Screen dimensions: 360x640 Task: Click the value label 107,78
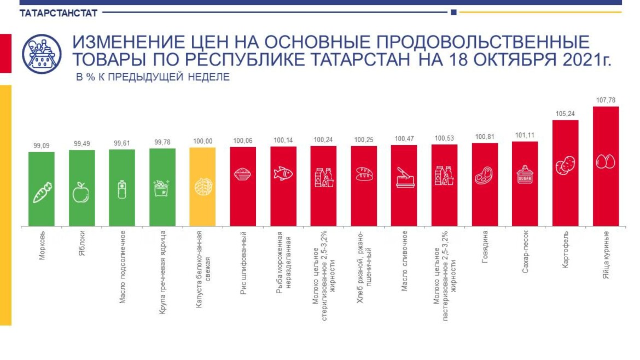coord(606,100)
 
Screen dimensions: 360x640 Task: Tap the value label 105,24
coord(565,113)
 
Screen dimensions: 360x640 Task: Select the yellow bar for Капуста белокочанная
coord(202,187)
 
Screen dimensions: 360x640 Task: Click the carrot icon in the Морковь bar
coord(42,193)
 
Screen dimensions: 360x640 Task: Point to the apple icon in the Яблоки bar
coord(82,192)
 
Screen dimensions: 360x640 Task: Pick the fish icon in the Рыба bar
coord(283,173)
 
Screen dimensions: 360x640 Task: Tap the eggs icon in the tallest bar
coord(606,161)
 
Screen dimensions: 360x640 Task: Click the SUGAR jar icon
coord(525,175)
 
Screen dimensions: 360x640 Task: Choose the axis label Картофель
coord(565,249)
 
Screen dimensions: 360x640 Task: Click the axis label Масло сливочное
coord(404,260)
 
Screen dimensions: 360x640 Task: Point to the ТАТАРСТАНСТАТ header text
coord(59,12)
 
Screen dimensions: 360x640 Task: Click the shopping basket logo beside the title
coord(42,54)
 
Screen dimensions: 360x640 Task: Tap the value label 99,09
coord(42,145)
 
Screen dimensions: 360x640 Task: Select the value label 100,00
coord(202,141)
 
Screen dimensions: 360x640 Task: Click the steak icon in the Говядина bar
coord(485,176)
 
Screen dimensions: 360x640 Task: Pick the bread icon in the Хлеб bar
coord(364,174)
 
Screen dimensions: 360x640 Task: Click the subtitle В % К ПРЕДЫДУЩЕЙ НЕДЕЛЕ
coord(153,77)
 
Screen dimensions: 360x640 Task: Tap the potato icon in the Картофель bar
coord(565,165)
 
